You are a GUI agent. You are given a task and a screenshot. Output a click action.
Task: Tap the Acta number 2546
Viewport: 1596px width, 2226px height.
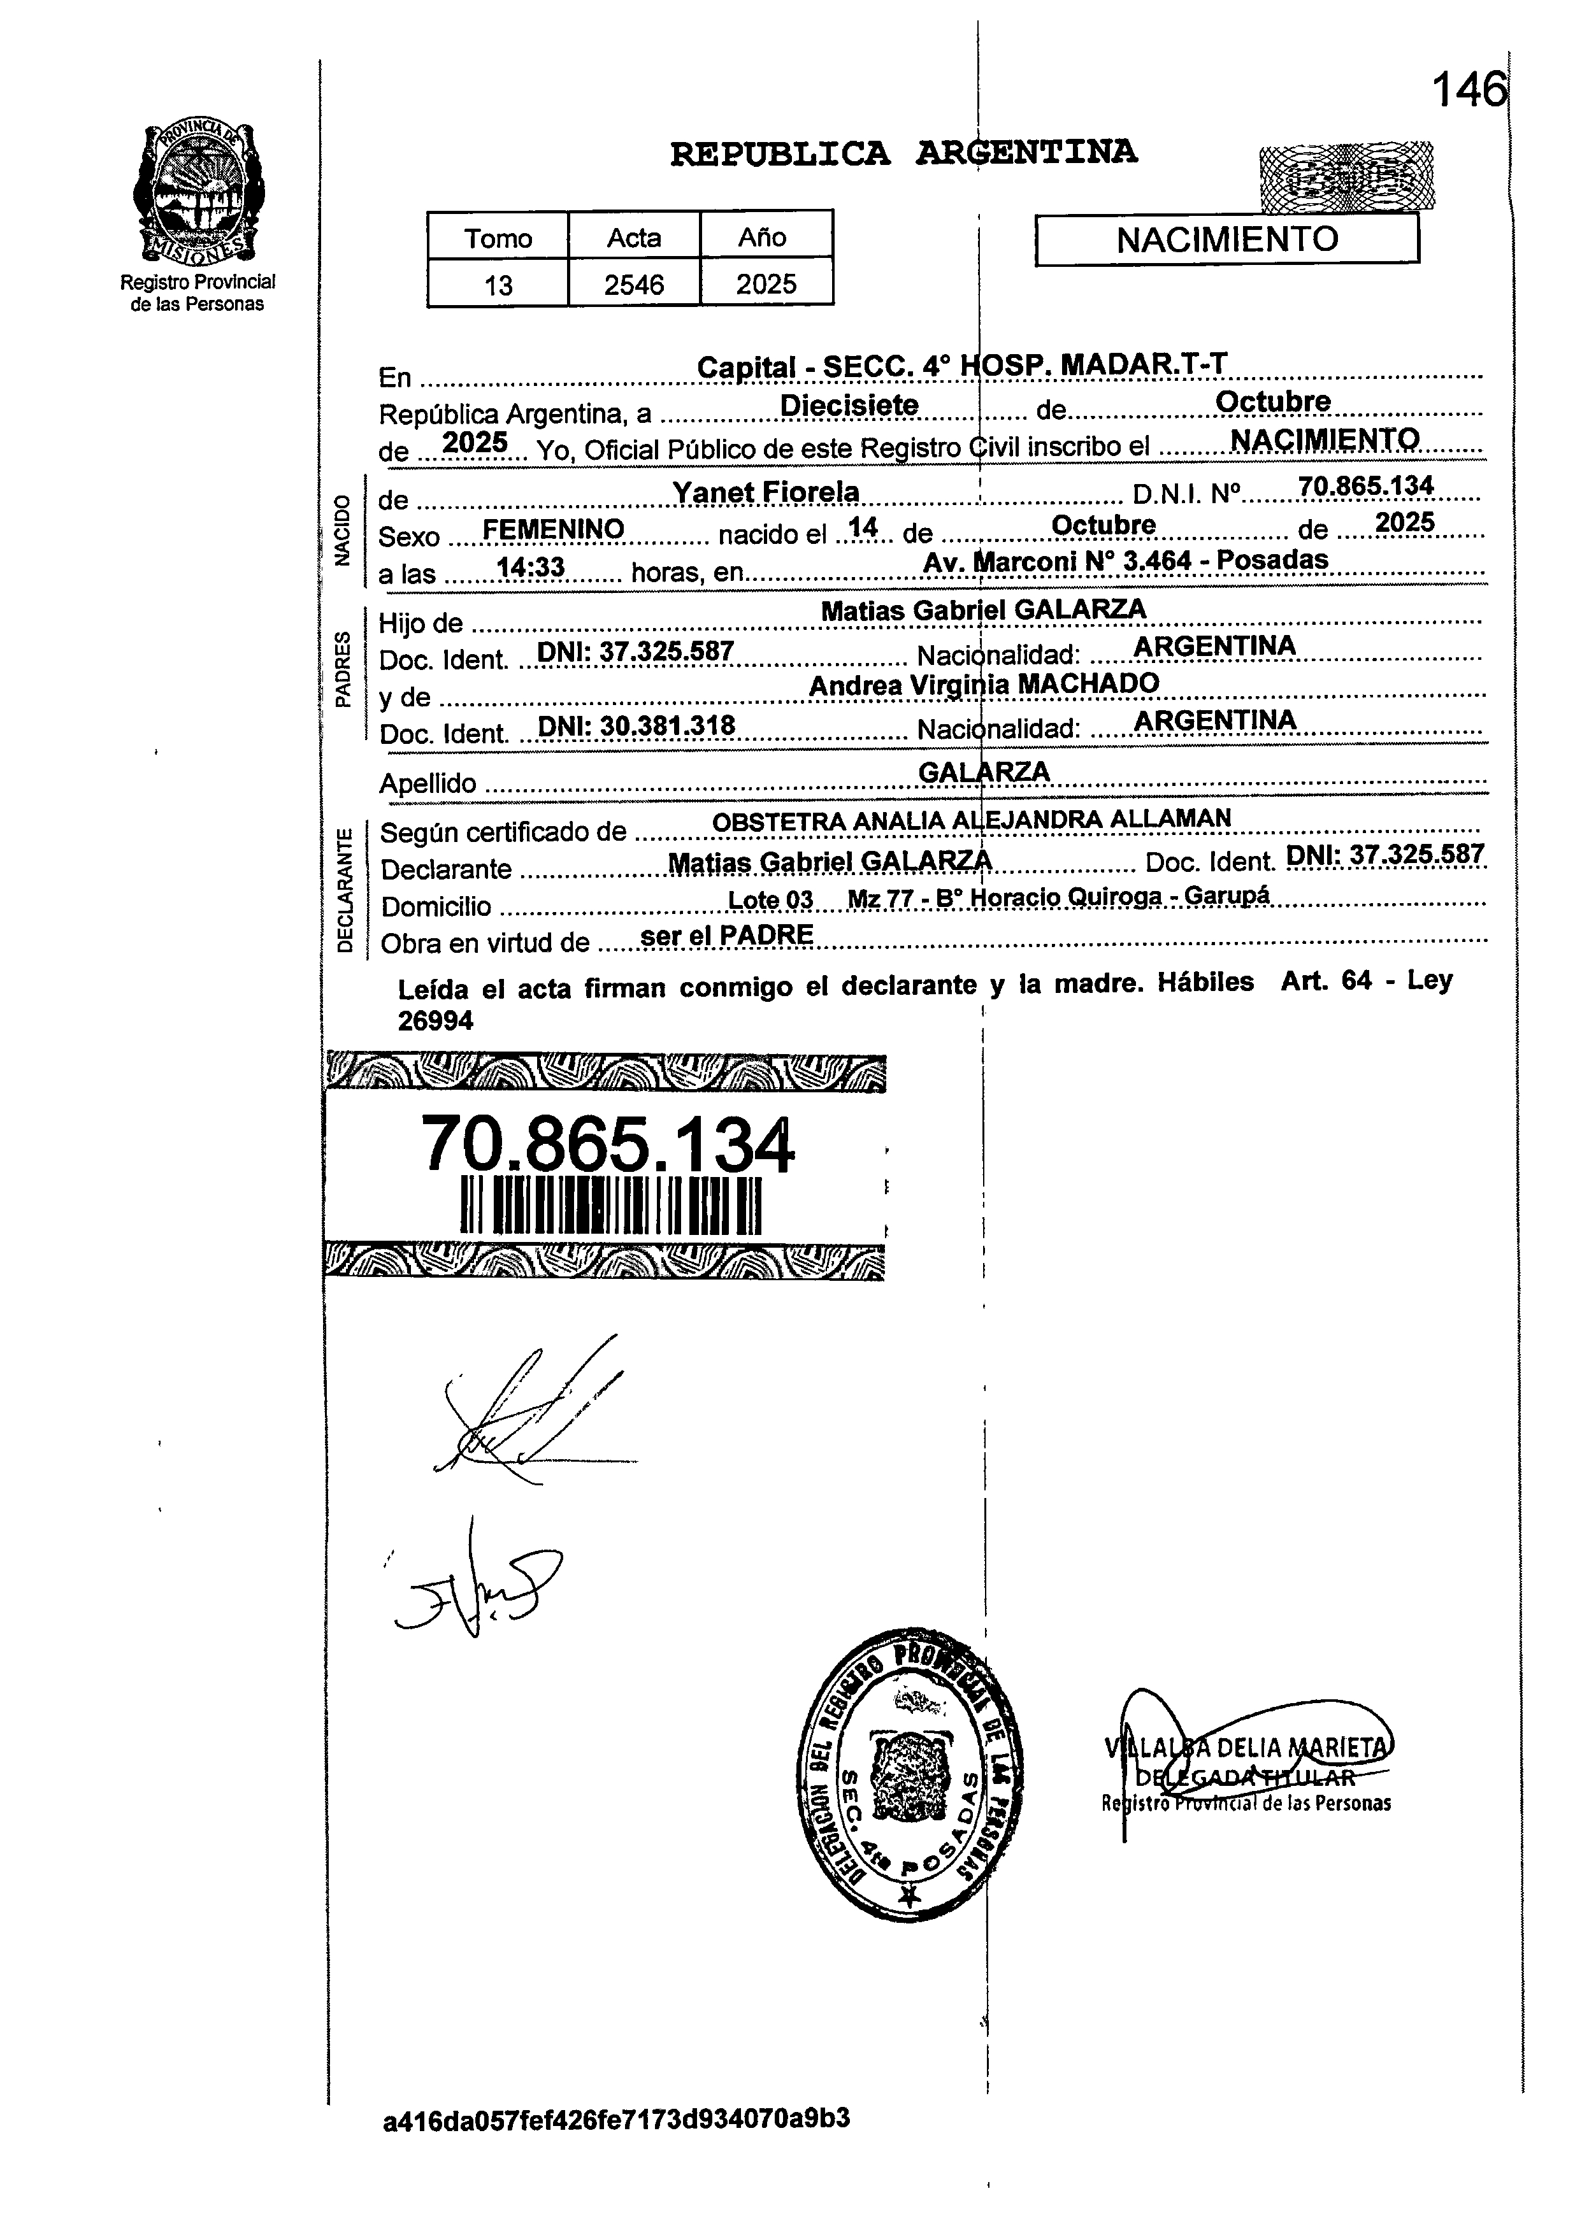634,285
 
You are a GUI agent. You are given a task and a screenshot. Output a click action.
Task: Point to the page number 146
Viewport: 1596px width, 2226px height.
1467,91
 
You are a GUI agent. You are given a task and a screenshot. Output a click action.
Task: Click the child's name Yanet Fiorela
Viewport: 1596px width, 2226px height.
766,492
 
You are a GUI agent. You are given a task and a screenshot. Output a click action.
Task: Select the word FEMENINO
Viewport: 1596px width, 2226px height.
554,530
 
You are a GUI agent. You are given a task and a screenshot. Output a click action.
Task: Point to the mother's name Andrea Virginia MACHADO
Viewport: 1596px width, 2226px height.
984,683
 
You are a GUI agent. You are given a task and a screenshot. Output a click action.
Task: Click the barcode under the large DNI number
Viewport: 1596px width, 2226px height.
610,1205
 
